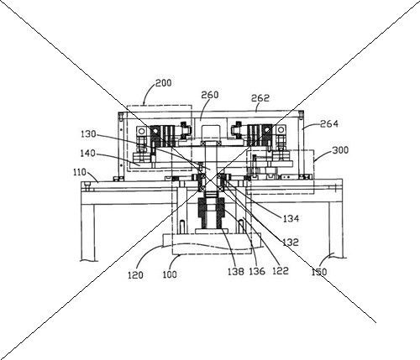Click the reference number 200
[163, 83]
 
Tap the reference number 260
[210, 95]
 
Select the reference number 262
[260, 98]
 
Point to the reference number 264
[329, 123]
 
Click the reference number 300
[340, 150]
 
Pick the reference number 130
[88, 134]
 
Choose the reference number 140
[87, 154]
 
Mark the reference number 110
[80, 172]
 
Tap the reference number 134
[291, 218]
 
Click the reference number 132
[291, 243]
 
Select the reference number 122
[281, 271]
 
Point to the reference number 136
[257, 271]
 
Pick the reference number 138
[236, 271]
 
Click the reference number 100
[170, 274]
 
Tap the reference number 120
[135, 275]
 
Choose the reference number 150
[319, 272]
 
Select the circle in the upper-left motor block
[141, 131]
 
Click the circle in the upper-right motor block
[281, 131]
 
